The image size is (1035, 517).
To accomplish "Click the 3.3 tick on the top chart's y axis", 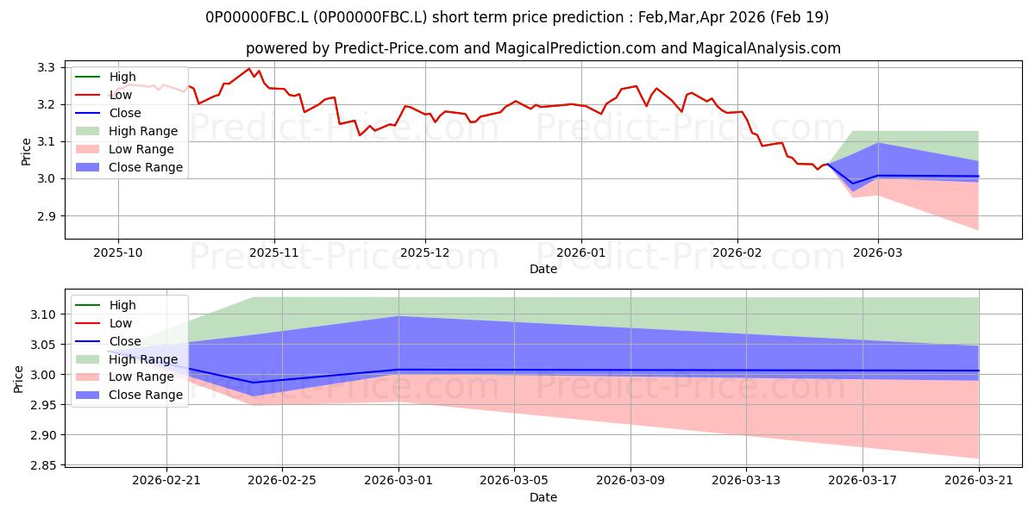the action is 45,68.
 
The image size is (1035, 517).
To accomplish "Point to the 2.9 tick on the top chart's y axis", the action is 45,216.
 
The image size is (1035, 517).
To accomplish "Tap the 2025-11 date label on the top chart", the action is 274,253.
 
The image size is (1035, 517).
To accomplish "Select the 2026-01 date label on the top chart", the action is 580,253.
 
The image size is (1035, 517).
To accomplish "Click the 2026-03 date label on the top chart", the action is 877,253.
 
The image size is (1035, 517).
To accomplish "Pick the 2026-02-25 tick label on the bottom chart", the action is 282,481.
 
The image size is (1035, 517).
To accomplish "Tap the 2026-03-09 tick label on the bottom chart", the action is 630,481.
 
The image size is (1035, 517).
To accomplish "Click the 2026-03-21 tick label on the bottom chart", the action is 979,481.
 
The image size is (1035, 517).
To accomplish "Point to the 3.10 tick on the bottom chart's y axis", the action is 42,315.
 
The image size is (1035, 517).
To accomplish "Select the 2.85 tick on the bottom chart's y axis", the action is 42,465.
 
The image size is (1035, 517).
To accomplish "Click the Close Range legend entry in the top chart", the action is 129,167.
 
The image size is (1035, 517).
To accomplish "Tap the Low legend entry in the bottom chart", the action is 103,323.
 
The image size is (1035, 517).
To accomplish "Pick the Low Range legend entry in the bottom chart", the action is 124,377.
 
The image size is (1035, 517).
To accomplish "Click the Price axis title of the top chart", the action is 26,152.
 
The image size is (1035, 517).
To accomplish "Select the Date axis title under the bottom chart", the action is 543,498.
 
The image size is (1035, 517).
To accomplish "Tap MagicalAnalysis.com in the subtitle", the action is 767,48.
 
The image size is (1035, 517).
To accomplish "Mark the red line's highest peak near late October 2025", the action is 249,69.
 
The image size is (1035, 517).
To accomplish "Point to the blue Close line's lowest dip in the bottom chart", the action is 254,383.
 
